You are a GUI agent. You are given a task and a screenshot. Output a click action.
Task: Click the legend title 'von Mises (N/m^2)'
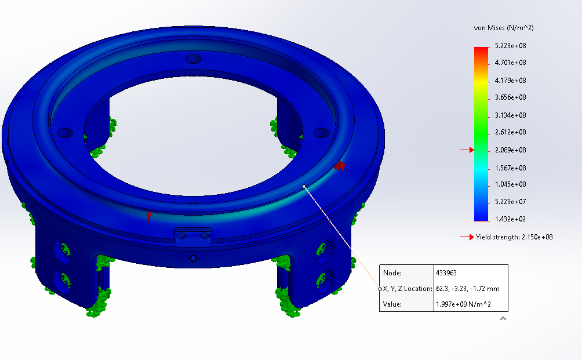(503, 28)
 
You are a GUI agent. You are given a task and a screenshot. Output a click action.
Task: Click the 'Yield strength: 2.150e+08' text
(510, 237)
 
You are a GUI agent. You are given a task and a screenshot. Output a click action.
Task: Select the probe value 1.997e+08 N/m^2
(463, 304)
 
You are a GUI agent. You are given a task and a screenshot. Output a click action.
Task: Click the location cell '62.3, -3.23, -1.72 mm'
(467, 289)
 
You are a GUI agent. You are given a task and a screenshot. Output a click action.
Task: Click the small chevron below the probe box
(503, 318)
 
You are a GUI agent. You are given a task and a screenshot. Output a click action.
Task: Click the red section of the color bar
(481, 53)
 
